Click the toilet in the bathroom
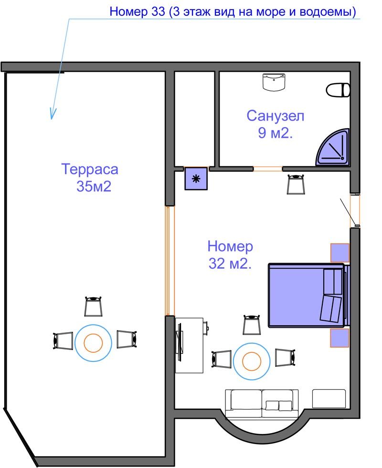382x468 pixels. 338,90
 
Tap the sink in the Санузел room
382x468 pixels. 274,82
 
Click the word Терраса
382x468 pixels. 90,169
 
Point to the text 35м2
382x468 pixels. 94,186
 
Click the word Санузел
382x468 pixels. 275,116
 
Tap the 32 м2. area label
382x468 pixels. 230,263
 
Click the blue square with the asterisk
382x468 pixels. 196,179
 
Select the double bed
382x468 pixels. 308,294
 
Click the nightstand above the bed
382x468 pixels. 340,253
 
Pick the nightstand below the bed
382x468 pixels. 340,338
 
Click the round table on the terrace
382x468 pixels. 93,343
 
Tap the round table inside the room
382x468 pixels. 252,361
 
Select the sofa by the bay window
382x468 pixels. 262,403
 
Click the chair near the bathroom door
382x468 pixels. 296,185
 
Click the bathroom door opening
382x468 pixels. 267,169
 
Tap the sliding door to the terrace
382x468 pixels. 170,261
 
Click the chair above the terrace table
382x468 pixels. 93,306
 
